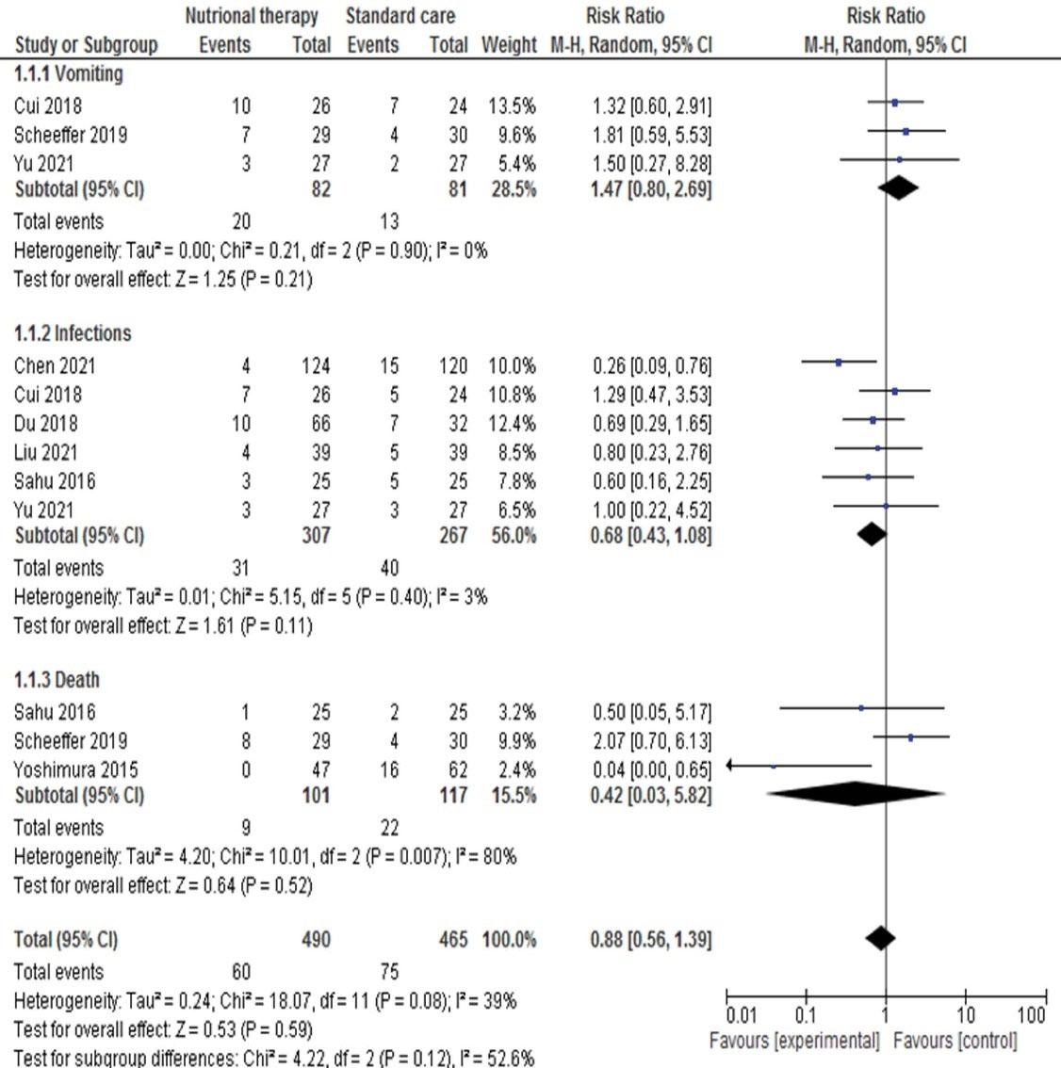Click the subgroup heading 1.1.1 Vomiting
point(68,73)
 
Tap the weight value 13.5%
point(511,105)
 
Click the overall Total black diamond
point(880,938)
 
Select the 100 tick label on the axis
point(1032,1015)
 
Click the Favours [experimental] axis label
point(794,1041)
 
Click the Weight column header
point(508,44)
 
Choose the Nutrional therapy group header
point(252,16)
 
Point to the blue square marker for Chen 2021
point(839,362)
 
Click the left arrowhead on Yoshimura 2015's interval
point(732,766)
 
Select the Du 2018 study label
point(45,423)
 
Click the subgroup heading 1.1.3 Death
point(57,680)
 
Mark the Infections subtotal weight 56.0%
point(511,535)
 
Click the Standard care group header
point(400,16)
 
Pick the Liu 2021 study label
point(45,452)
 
